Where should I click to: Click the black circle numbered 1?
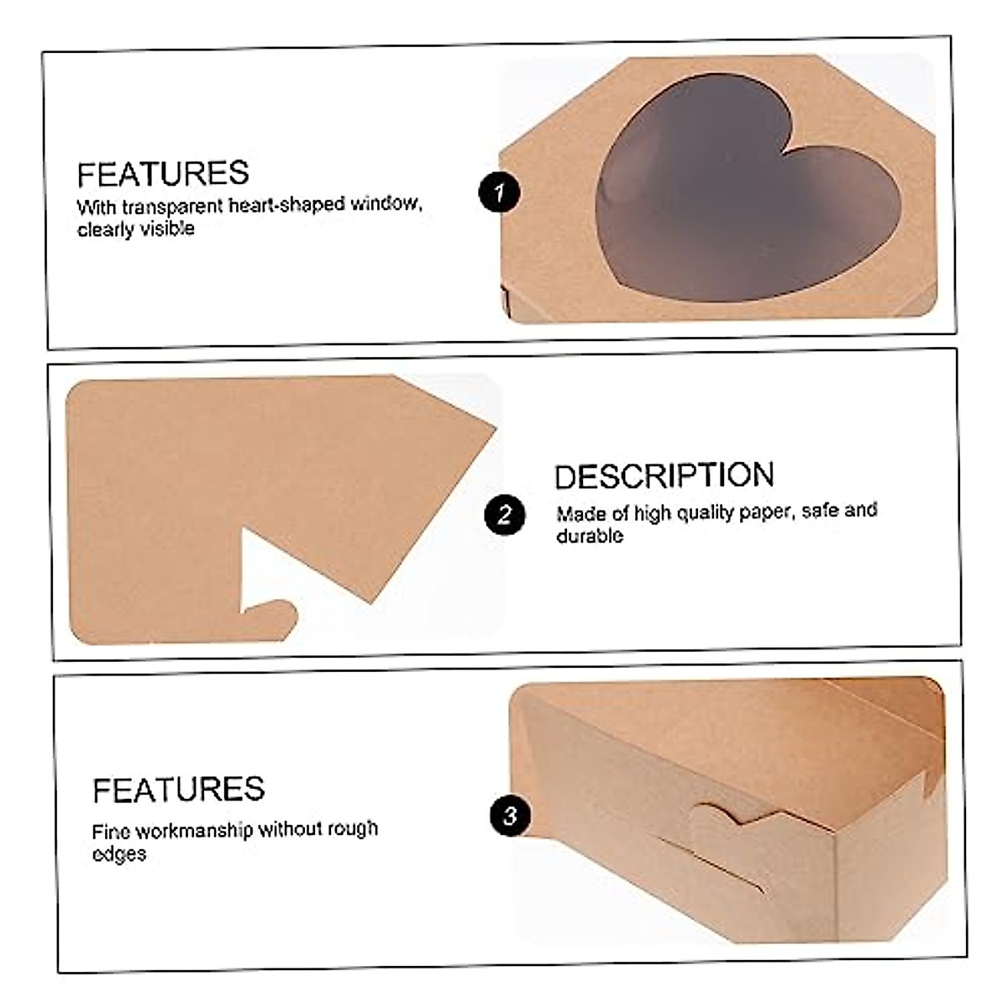point(500,192)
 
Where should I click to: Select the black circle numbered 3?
point(510,815)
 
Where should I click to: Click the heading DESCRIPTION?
point(664,475)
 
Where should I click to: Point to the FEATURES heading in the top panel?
point(163,174)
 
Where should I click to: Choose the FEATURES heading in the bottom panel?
point(178,790)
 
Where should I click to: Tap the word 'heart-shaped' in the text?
point(286,205)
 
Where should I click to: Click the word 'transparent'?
point(174,207)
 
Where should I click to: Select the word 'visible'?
point(166,229)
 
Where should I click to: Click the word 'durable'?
point(590,536)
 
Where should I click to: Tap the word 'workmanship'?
point(194,832)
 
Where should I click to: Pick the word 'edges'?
point(119,854)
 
